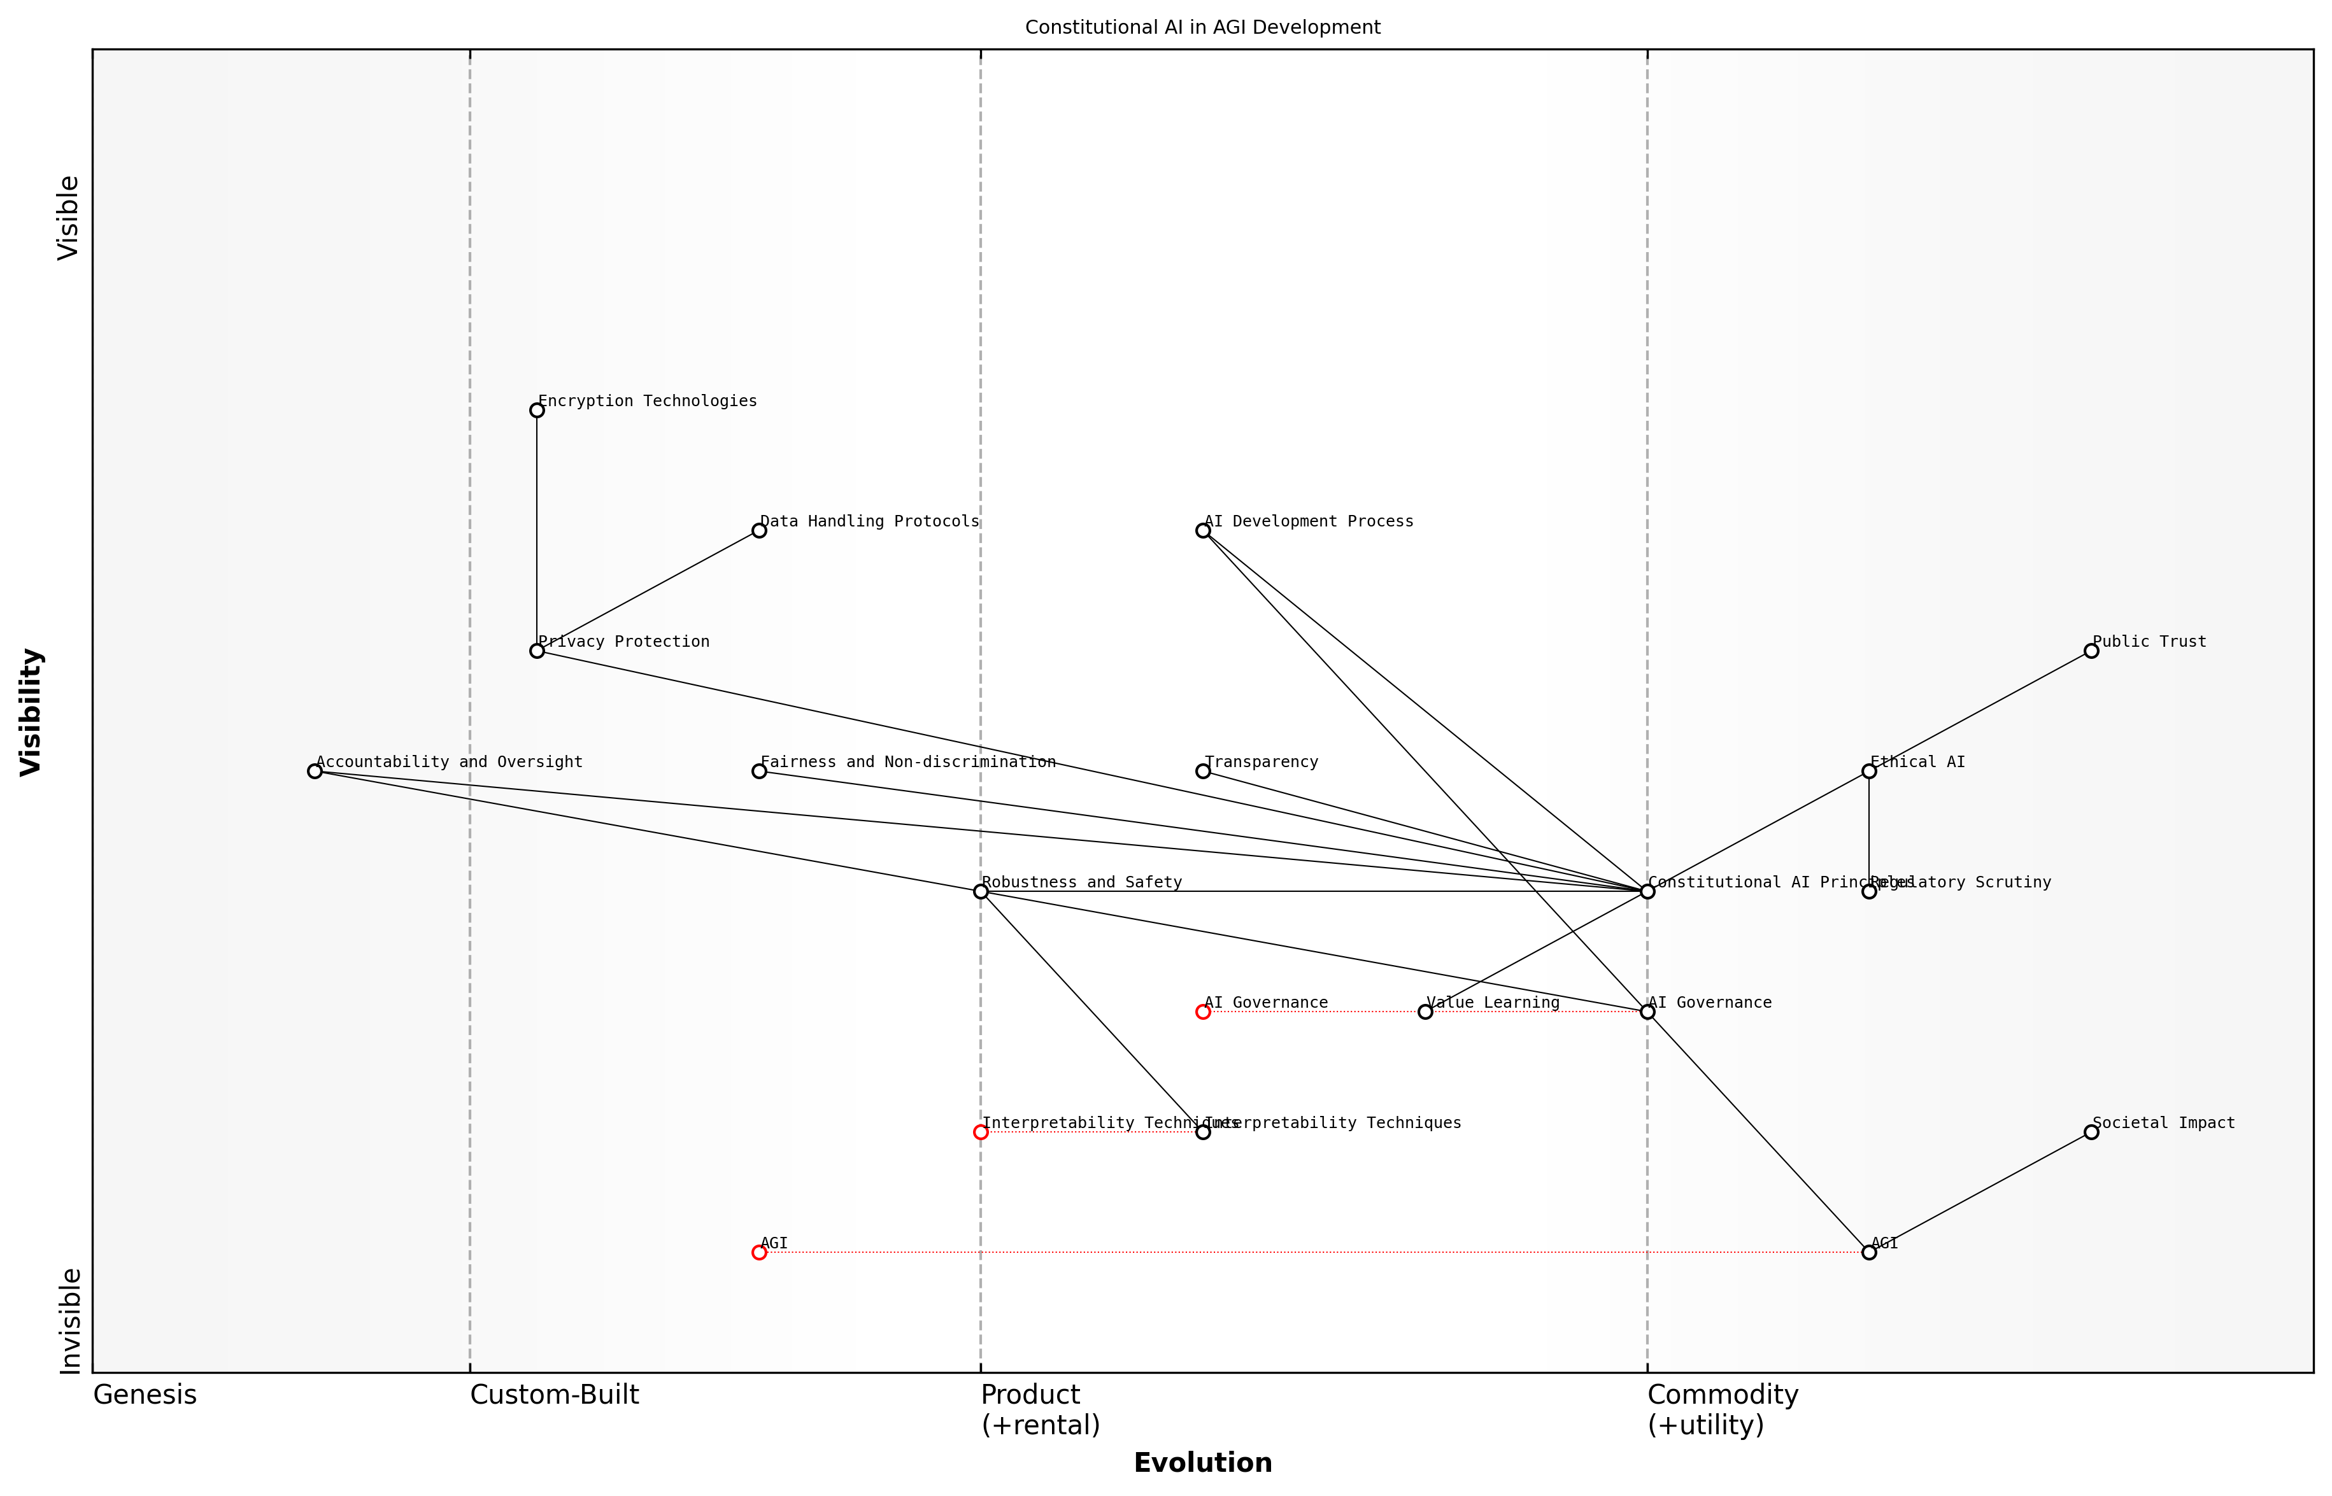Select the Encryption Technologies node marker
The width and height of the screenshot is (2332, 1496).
click(x=536, y=410)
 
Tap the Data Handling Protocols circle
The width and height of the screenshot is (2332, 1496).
click(x=759, y=530)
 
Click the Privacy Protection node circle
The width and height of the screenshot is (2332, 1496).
click(x=536, y=651)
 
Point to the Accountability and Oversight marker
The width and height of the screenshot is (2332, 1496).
click(x=314, y=772)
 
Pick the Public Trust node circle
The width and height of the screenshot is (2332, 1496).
click(x=2091, y=651)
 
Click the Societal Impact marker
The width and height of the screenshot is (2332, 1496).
click(x=2091, y=1132)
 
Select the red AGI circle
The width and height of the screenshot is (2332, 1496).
click(x=759, y=1252)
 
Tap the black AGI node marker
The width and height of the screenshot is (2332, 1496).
click(x=1868, y=1252)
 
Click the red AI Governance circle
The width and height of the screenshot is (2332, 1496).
click(x=1203, y=1012)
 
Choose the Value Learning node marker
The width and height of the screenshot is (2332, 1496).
click(x=1425, y=1012)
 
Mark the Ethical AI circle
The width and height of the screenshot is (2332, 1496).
click(x=1868, y=772)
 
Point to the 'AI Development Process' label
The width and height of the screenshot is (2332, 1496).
click(x=1309, y=521)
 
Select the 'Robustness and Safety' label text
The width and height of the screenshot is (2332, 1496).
click(x=1081, y=882)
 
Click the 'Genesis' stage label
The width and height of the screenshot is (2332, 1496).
click(x=145, y=1395)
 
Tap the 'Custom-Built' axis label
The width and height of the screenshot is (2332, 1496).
click(x=554, y=1395)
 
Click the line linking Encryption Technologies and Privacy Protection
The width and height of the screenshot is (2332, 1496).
click(x=536, y=530)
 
